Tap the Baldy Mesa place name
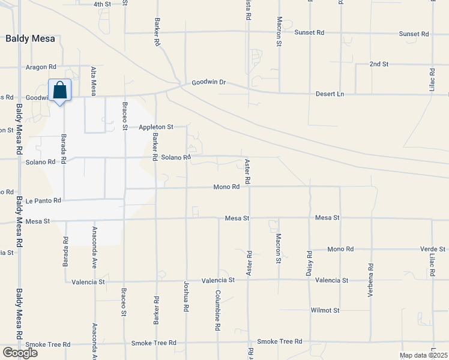click(x=30, y=38)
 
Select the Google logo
click(x=20, y=352)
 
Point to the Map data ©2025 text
click(x=423, y=355)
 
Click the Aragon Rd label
click(x=41, y=67)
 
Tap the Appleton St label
click(x=155, y=127)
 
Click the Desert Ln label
click(x=330, y=94)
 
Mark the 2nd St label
click(x=379, y=64)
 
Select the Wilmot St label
click(x=325, y=310)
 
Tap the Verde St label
click(x=433, y=249)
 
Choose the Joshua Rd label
click(x=186, y=297)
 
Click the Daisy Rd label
click(x=310, y=263)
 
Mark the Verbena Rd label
click(x=371, y=280)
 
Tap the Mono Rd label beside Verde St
click(x=340, y=249)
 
